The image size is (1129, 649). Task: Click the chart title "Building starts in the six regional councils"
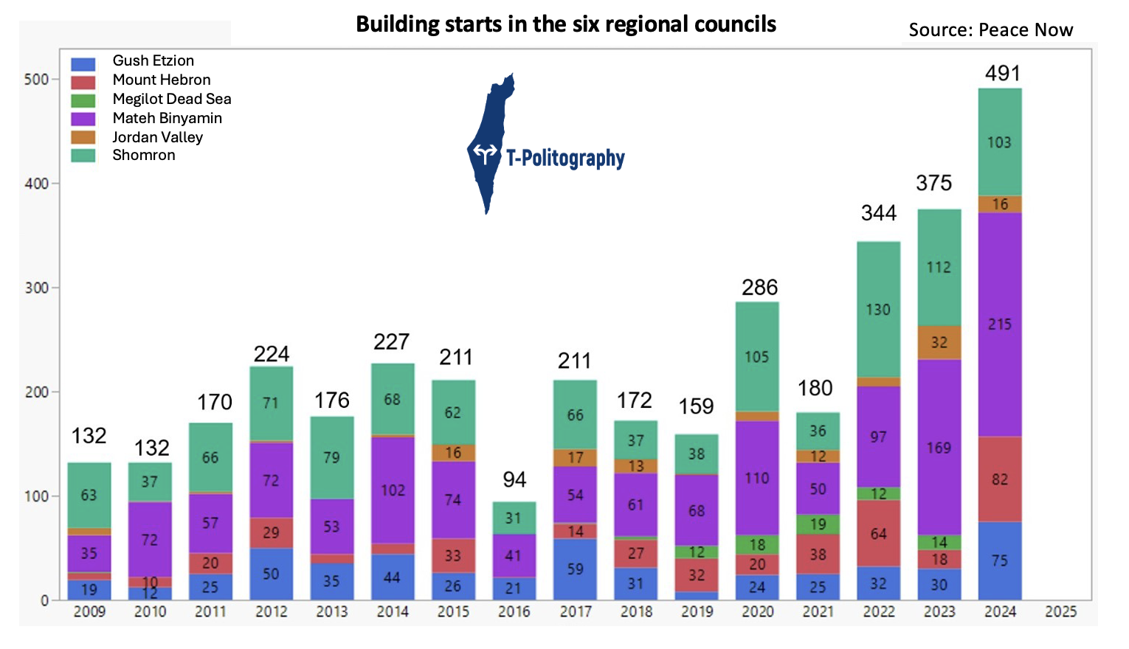[x=566, y=24]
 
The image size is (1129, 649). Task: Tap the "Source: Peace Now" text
[x=990, y=30]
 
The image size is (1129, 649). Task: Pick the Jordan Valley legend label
[x=157, y=137]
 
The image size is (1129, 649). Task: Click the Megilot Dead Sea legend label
[x=172, y=99]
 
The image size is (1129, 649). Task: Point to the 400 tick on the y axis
[x=36, y=184]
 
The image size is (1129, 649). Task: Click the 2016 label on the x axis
[x=514, y=611]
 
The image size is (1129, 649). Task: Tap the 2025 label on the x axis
[x=1060, y=611]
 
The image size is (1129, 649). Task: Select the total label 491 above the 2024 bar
[x=1002, y=73]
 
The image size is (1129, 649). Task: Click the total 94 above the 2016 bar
[x=514, y=479]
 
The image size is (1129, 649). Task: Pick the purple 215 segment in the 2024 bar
[x=1000, y=324]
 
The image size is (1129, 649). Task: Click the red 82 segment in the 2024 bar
[x=1000, y=479]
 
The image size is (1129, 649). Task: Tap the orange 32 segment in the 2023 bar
[x=939, y=342]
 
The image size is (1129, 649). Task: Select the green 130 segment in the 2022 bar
[x=878, y=310]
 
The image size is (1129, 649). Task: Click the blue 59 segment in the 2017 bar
[x=575, y=569]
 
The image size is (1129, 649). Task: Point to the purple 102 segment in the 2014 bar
[x=393, y=490]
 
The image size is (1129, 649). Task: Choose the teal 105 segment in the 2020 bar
[x=756, y=357]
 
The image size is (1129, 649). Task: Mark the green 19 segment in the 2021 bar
[x=818, y=524]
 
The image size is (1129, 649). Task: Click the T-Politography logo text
[x=565, y=158]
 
